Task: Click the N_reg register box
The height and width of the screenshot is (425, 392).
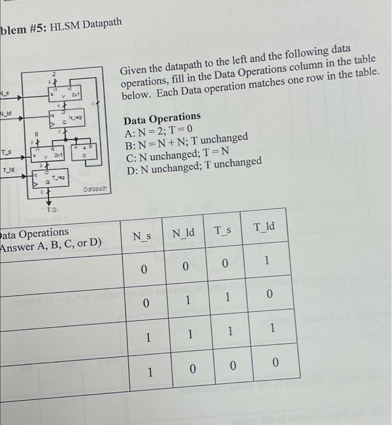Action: (66, 119)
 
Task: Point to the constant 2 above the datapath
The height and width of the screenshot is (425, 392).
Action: (53, 73)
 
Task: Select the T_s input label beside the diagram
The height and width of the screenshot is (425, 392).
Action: (5, 152)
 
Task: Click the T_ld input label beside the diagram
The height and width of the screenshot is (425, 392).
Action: (8, 172)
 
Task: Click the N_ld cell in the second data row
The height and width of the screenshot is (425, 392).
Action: (187, 300)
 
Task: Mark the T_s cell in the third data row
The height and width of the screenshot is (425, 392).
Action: (230, 331)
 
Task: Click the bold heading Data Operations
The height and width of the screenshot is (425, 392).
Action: (162, 116)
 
